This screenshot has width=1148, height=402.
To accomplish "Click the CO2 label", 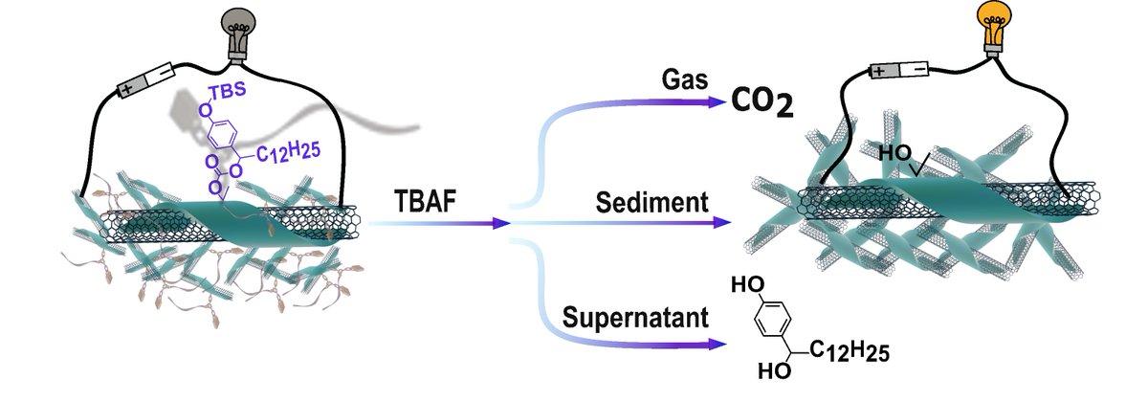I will pos(762,102).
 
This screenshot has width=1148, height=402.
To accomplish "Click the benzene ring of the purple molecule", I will pos(221,134).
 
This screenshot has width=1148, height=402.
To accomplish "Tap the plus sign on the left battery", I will pos(125,90).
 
